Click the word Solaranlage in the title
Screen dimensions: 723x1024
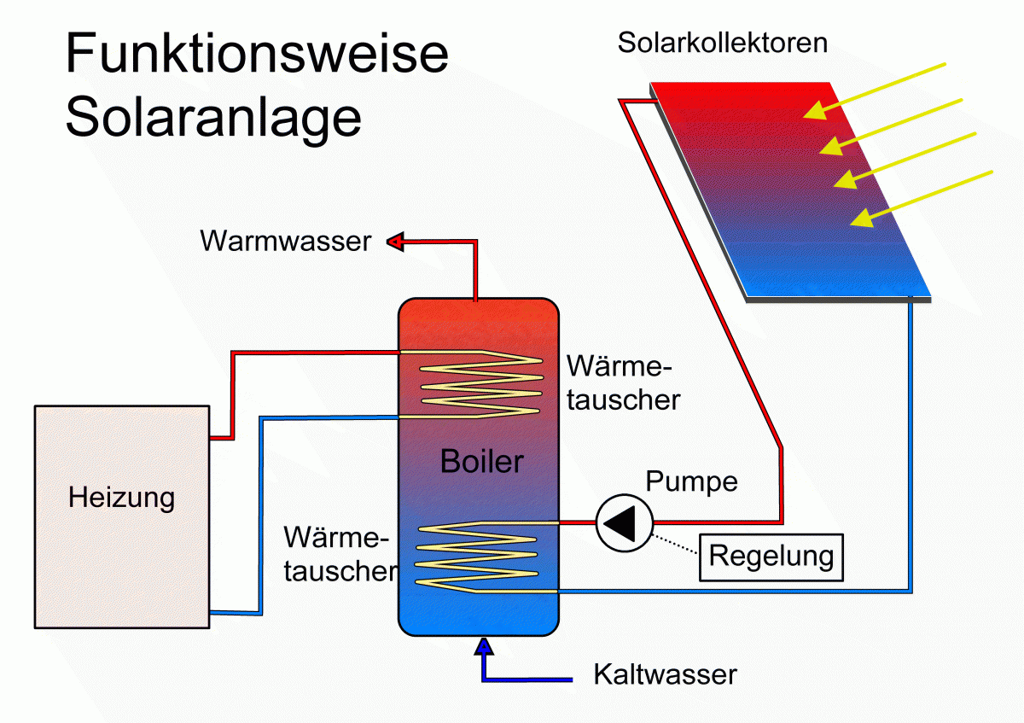point(213,118)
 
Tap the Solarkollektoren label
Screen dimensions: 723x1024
point(722,44)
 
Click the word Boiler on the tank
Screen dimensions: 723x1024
point(481,462)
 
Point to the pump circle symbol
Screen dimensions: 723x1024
point(624,522)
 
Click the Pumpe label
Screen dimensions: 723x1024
point(691,481)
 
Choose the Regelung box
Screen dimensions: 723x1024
point(771,557)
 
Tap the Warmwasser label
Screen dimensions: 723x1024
point(286,242)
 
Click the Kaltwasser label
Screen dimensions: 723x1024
point(665,675)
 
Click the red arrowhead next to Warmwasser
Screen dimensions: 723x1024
point(394,242)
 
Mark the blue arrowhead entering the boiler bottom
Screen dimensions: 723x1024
point(485,645)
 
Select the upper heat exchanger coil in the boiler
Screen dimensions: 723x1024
point(478,383)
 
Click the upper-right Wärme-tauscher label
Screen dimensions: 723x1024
point(623,383)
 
